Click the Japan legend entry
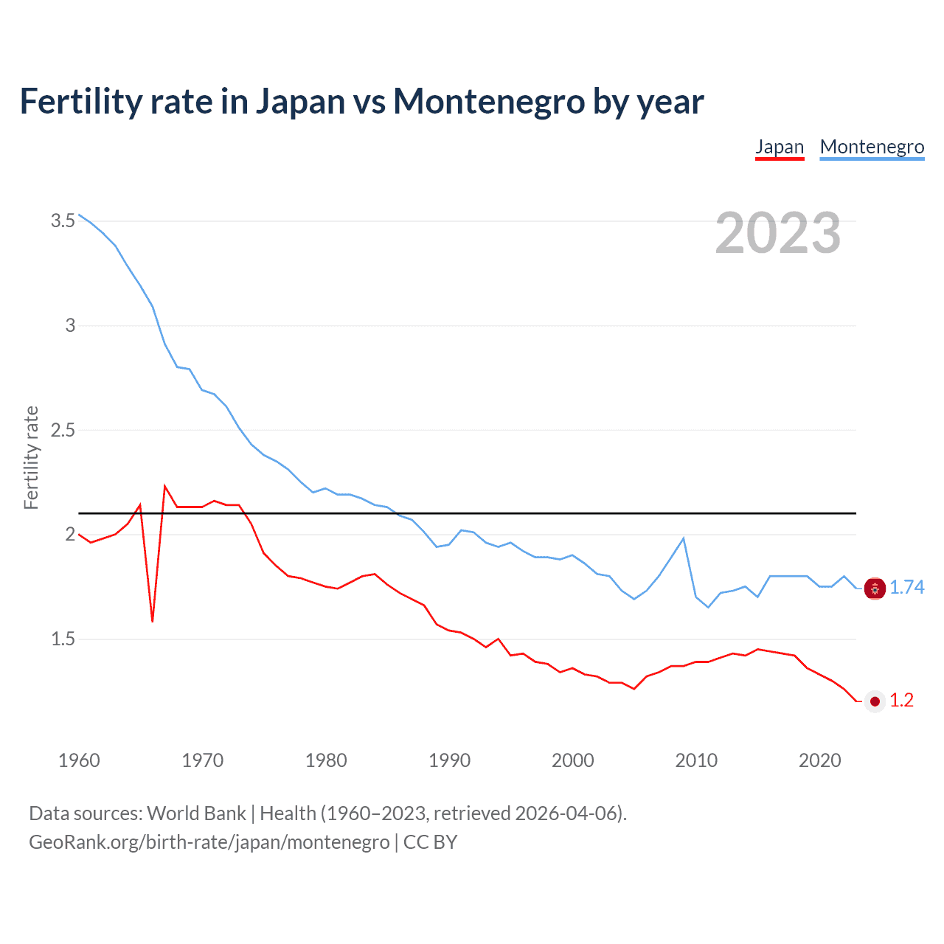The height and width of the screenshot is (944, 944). coord(780,147)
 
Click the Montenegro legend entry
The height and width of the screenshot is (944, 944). coord(872,147)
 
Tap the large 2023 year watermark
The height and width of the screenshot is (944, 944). coord(778,233)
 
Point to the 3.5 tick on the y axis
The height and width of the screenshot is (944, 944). coord(63,221)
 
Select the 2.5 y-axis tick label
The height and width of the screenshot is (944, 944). coord(63,430)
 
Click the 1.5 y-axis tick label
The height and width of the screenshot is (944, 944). coord(63,639)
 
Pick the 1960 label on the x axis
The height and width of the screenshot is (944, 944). coord(79,760)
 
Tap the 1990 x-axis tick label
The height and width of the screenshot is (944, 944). coord(449,760)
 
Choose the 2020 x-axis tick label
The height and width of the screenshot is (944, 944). coord(819,760)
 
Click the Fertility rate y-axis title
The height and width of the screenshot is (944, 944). coord(31,457)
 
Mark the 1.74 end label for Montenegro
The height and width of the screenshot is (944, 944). coord(906,587)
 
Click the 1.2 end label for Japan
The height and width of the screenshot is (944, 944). coord(901,700)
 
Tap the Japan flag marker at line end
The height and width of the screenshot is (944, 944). coord(875,701)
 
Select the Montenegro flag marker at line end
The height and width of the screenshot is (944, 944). coord(875,589)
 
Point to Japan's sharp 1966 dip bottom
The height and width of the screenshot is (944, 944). coord(153,620)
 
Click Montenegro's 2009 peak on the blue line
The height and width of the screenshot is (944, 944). coord(684,538)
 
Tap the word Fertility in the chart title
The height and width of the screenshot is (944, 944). coord(80,101)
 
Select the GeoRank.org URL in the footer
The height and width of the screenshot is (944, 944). coord(209,841)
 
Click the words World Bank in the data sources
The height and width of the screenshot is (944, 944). coord(196,813)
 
